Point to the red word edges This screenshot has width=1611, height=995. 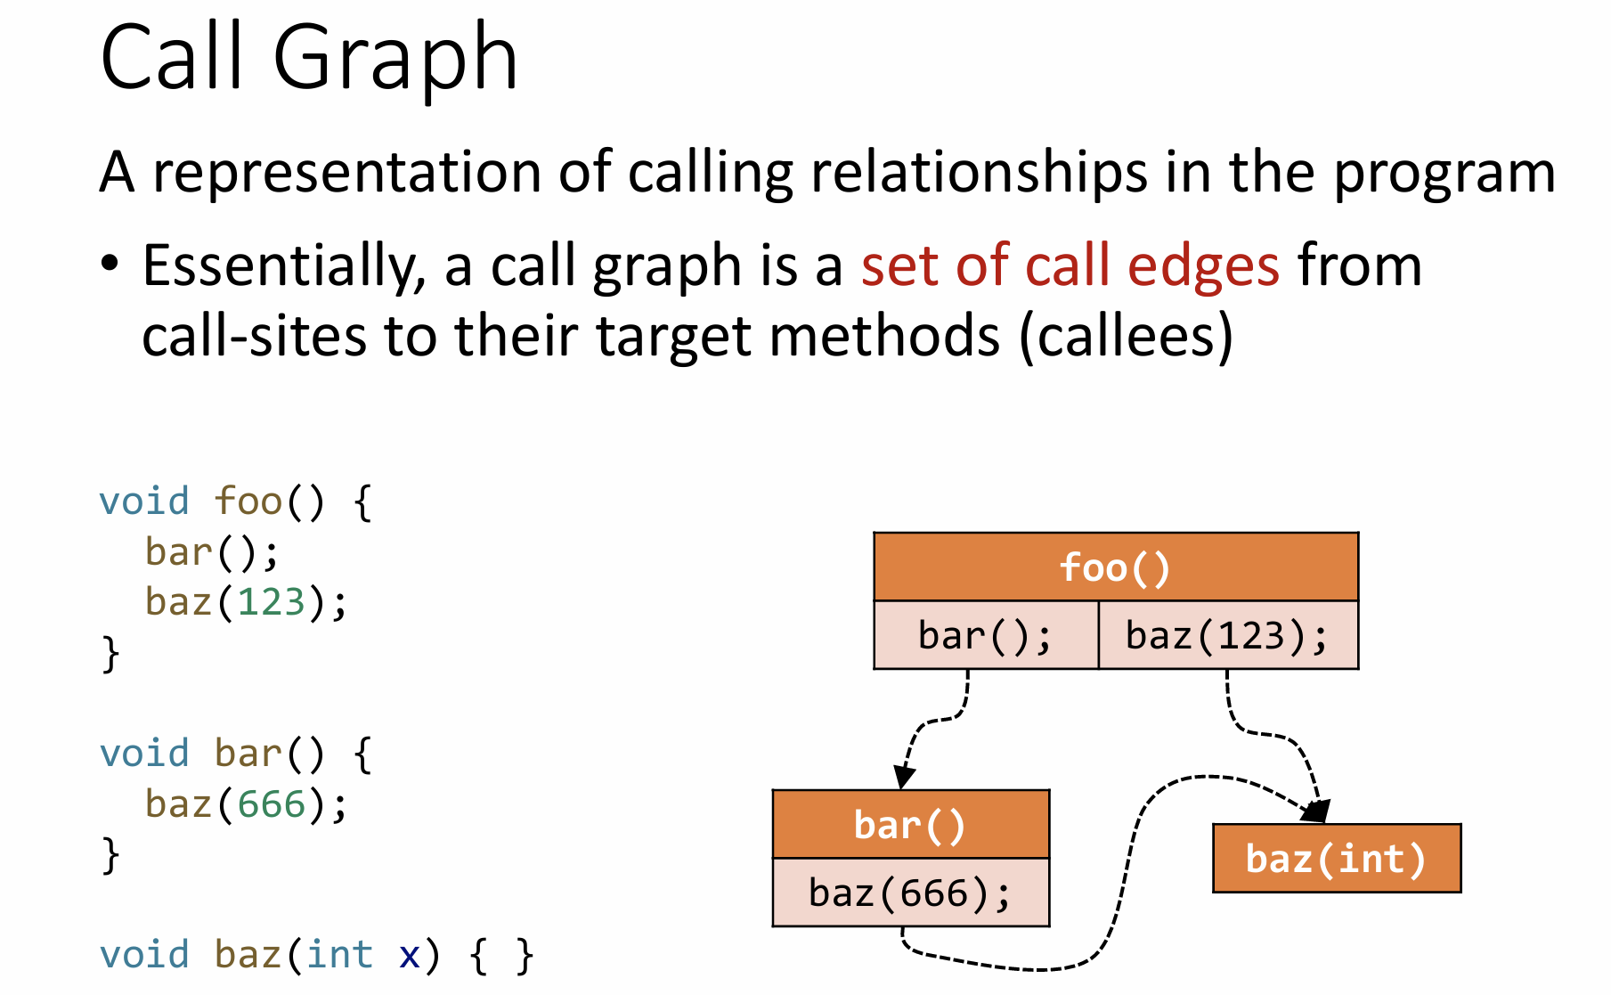pyautogui.click(x=1204, y=268)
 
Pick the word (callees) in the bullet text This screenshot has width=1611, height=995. pyautogui.click(x=1127, y=337)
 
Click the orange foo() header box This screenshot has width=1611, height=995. pyautogui.click(x=1116, y=567)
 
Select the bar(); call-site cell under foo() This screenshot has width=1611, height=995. pyautogui.click(x=986, y=635)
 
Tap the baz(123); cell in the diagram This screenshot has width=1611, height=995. pyautogui.click(x=1229, y=635)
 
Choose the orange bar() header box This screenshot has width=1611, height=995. pyautogui.click(x=911, y=824)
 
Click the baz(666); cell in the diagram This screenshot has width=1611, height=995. pyautogui.click(x=911, y=893)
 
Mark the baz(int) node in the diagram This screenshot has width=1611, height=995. pyautogui.click(x=1337, y=859)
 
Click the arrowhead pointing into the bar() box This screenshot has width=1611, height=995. pyautogui.click(x=904, y=777)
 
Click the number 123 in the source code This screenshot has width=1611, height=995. pyautogui.click(x=271, y=602)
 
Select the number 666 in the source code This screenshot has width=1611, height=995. pyautogui.click(x=271, y=804)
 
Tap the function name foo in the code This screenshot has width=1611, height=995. pyautogui.click(x=248, y=502)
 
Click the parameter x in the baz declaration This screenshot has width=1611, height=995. pyautogui.click(x=409, y=956)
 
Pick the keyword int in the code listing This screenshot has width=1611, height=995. pyautogui.click(x=340, y=955)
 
